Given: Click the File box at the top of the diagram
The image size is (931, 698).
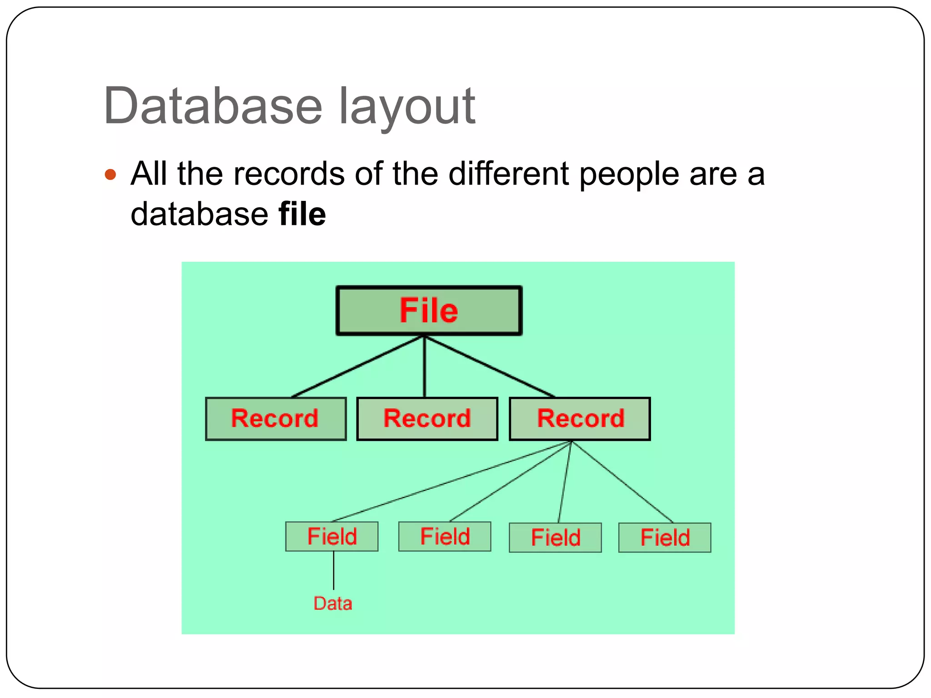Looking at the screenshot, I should point(429,311).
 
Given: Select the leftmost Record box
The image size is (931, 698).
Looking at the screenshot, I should point(275,419).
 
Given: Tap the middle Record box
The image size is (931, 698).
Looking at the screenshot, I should point(427,419).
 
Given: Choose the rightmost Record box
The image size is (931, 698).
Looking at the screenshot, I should point(580,419).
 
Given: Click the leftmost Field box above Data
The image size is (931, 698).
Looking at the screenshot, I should point(331,536).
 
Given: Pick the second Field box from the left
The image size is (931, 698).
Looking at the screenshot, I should point(445,536).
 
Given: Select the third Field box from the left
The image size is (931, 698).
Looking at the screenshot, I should point(555,538).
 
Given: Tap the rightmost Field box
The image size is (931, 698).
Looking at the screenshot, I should point(665,538).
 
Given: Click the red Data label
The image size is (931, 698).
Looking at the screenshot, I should point(333,603).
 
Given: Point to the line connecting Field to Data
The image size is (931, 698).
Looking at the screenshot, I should point(334,570).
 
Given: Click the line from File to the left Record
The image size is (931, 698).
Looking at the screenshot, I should point(358,366).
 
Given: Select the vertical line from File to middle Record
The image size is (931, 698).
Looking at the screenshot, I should point(424,366).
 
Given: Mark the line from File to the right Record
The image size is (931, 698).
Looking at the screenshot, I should point(490,366).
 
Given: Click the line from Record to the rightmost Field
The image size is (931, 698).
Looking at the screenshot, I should point(622,482).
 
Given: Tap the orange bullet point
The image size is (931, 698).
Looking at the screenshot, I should point(110,174).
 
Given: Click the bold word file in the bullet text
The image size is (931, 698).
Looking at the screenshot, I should point(302,214).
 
